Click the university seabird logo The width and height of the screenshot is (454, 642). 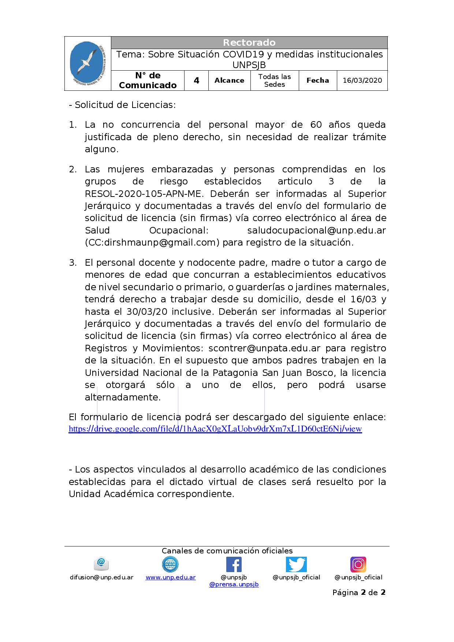point(88,63)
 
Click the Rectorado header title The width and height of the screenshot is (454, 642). point(249,42)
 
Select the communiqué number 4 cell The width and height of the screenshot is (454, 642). point(197,81)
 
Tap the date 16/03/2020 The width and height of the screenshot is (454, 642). point(362,81)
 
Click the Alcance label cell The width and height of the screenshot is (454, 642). point(229,81)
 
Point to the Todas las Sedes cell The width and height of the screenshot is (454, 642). point(275,81)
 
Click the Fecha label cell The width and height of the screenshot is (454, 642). point(317,81)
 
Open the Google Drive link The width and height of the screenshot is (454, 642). point(215,429)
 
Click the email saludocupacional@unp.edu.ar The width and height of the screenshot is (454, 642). point(317,230)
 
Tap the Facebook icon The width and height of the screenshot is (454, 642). point(234,564)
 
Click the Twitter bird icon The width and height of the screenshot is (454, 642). point(296,564)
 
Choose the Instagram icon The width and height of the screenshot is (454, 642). point(358,564)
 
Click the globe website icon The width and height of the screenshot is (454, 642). point(170,564)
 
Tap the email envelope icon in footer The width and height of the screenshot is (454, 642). point(101,564)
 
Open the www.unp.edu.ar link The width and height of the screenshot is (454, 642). point(171,577)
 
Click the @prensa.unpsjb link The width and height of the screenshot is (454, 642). point(234,585)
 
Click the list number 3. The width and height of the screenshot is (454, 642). point(72,262)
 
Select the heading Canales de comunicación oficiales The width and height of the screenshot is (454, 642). point(227,551)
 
